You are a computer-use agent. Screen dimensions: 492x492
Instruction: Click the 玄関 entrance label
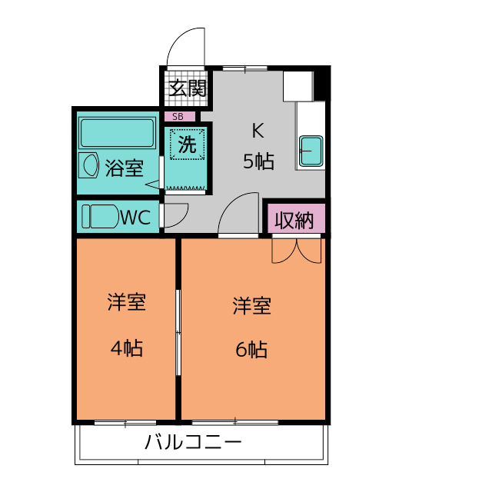(188, 88)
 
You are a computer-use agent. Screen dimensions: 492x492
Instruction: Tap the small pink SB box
(178, 117)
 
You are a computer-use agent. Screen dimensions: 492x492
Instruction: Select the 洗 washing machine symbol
(187, 144)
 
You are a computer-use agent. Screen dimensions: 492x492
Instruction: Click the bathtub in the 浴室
(117, 132)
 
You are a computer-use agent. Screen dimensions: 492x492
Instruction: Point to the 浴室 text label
(125, 168)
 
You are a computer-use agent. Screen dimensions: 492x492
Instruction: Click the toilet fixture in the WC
(98, 216)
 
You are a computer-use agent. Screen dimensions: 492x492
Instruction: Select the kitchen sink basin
(311, 150)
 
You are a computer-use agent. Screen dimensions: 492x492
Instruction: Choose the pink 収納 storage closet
(295, 220)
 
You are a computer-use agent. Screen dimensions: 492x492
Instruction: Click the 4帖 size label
(126, 348)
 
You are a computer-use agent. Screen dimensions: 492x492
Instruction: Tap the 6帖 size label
(251, 350)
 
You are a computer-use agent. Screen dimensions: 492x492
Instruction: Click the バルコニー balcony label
(192, 443)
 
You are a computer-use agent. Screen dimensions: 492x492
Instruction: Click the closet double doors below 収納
(296, 250)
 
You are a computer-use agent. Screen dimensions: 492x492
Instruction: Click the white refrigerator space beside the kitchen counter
(298, 86)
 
